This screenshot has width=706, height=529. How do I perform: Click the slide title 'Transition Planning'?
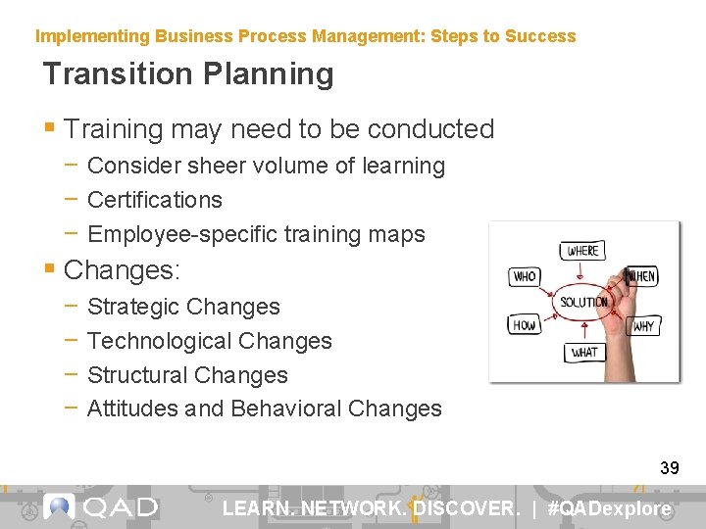tap(188, 74)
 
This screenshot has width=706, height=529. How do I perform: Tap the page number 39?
tap(669, 468)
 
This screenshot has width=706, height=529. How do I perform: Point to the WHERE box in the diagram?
tap(582, 251)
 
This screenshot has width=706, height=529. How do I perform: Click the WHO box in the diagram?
tap(525, 277)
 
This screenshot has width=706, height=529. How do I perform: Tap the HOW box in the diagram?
tap(525, 325)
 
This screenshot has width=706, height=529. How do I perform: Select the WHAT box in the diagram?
tap(584, 352)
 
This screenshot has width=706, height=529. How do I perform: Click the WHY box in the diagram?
tap(643, 326)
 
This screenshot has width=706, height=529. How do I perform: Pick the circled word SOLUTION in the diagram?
tap(583, 302)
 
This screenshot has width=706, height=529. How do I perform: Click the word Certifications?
tap(155, 200)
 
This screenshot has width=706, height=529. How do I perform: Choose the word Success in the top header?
tap(540, 36)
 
